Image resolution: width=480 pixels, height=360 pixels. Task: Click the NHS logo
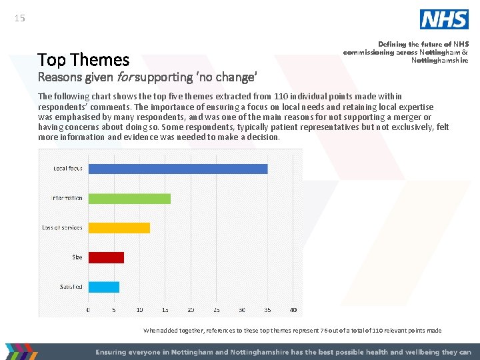(443, 19)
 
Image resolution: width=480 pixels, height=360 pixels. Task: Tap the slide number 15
(19, 18)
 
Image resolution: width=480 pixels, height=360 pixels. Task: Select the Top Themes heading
(83, 60)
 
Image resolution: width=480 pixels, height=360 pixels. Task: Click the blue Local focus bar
(178, 169)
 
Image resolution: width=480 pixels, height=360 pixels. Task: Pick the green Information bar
(129, 198)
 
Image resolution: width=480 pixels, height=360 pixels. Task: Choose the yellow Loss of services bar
(119, 227)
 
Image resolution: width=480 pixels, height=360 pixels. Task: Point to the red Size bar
(106, 257)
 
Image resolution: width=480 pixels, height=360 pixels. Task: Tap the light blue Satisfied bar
(104, 287)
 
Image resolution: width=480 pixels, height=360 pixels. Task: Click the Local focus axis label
(68, 169)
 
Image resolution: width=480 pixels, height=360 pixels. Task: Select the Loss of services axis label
(62, 227)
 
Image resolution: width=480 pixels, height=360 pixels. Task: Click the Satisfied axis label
(71, 287)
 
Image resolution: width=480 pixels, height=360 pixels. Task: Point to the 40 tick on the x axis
(293, 310)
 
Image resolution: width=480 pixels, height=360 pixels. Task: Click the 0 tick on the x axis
(89, 310)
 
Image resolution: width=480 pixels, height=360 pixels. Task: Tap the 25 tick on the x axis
(216, 310)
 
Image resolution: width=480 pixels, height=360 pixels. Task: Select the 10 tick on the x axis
(139, 310)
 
